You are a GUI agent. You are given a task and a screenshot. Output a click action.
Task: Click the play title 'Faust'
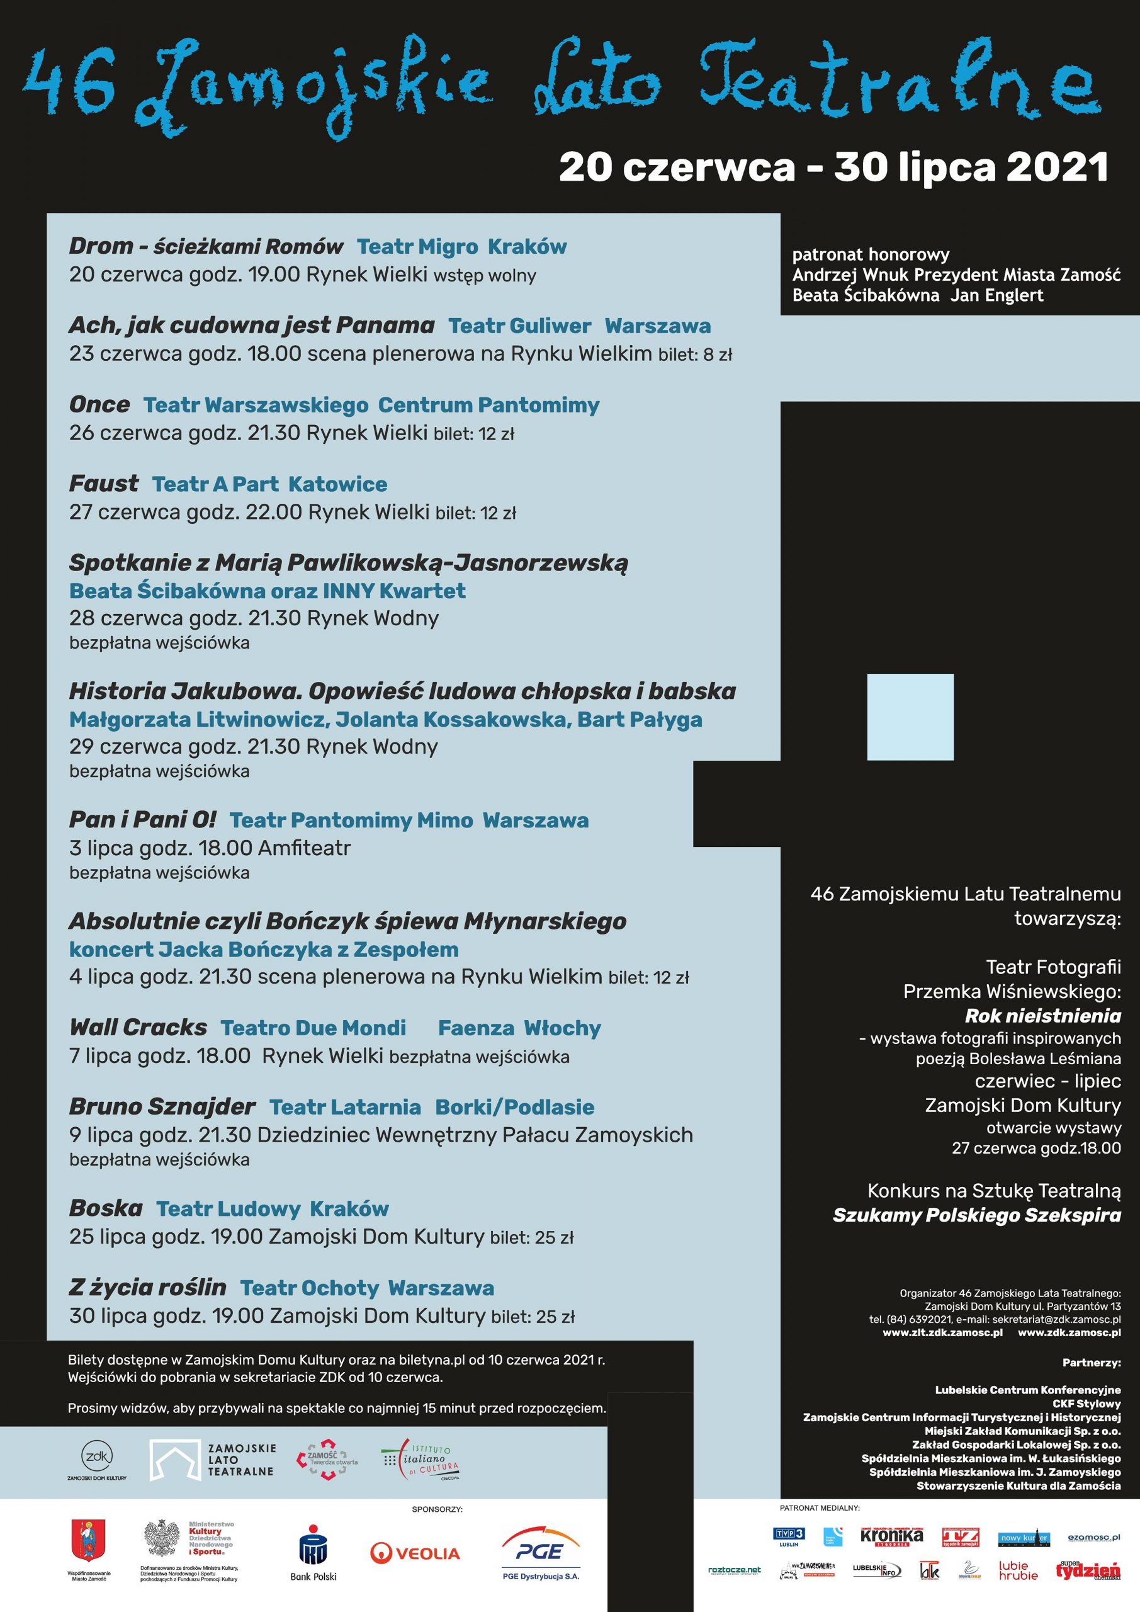103,484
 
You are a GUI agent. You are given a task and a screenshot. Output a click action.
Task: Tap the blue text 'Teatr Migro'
417,246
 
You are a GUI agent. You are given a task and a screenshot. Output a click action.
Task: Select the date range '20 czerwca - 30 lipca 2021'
833,167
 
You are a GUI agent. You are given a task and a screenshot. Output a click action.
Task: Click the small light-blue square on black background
910,717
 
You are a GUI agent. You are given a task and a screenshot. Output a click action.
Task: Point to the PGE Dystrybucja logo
541,1553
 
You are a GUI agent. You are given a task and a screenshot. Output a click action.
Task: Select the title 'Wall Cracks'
138,1028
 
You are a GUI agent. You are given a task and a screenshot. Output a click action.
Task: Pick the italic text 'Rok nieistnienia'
1042,1016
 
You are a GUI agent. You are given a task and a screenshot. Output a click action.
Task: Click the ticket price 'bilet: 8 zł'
695,355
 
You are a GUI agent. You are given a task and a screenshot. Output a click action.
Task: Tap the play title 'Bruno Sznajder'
161,1107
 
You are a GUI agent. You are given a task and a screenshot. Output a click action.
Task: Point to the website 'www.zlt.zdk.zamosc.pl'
942,1332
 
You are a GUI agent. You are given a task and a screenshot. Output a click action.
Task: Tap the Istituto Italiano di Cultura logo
420,1460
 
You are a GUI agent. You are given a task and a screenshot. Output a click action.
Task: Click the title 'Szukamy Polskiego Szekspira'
976,1215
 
